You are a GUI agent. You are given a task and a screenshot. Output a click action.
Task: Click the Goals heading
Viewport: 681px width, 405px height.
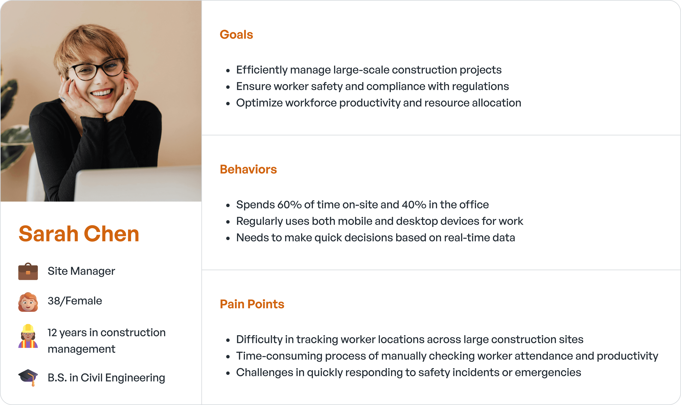click(236, 35)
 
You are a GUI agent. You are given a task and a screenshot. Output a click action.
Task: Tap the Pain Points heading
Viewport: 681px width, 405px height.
click(252, 304)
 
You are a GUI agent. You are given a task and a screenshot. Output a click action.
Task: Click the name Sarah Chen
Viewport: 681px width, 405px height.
click(79, 234)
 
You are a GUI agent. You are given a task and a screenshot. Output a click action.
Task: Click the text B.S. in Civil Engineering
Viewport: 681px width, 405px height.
click(106, 378)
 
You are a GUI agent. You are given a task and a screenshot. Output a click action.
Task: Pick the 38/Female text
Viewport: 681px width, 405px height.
click(75, 301)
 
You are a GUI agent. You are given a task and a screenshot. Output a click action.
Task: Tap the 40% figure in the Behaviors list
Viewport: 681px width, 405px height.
click(414, 205)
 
